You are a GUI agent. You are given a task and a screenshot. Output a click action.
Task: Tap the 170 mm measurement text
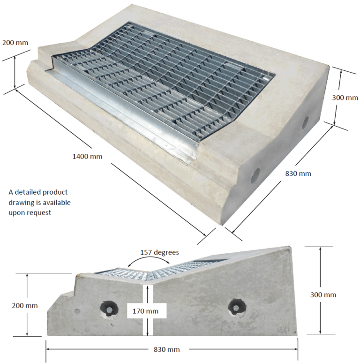(x=145, y=311)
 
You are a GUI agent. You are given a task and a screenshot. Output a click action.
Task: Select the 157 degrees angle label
(x=159, y=252)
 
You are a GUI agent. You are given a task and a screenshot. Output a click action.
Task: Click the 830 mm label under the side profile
(x=167, y=349)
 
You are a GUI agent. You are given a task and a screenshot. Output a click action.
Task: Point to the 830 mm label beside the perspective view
(x=298, y=174)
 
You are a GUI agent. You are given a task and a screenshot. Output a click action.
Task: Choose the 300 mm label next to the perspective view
(x=345, y=98)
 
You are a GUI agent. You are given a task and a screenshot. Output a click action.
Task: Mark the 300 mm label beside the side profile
(x=323, y=295)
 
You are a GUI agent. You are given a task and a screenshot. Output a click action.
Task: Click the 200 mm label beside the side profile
(x=24, y=305)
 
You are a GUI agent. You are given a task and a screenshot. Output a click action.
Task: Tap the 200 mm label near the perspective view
(x=15, y=43)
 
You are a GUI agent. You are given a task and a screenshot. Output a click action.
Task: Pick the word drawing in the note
(x=22, y=202)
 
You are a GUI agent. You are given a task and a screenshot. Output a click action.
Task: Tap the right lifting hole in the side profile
(x=235, y=308)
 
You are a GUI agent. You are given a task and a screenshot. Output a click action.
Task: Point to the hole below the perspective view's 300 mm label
(x=305, y=122)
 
